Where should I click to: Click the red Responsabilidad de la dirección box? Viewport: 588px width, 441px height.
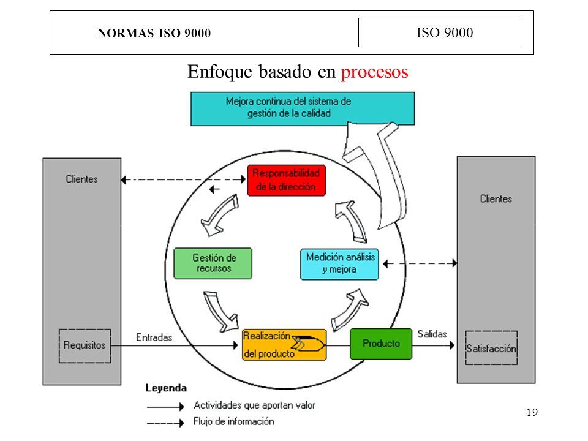click(286, 180)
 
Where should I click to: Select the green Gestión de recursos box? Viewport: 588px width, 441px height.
click(213, 263)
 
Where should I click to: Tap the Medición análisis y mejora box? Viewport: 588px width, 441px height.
click(339, 264)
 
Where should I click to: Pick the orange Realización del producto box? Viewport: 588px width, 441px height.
click(284, 345)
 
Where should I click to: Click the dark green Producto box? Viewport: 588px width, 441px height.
click(381, 344)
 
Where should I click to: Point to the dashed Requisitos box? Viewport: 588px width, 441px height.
click(85, 345)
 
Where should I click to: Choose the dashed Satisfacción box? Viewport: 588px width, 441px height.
click(491, 348)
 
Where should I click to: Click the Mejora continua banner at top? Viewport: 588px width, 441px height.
click(303, 108)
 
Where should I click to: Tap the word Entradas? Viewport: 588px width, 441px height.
click(154, 337)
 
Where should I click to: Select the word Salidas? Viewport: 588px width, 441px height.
click(432, 334)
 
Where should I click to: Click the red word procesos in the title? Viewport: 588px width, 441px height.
click(374, 72)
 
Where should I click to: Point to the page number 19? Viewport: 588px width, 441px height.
click(532, 412)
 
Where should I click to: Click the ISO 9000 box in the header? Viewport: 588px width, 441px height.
click(441, 32)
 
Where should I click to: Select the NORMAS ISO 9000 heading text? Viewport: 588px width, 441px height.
click(154, 33)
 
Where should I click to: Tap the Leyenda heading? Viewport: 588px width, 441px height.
click(166, 388)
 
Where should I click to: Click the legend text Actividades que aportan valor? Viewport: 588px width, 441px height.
click(254, 405)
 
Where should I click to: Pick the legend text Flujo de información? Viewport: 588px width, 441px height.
click(233, 421)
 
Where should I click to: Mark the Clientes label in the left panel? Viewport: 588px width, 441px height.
click(81, 179)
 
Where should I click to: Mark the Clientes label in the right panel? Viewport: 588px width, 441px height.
click(496, 198)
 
